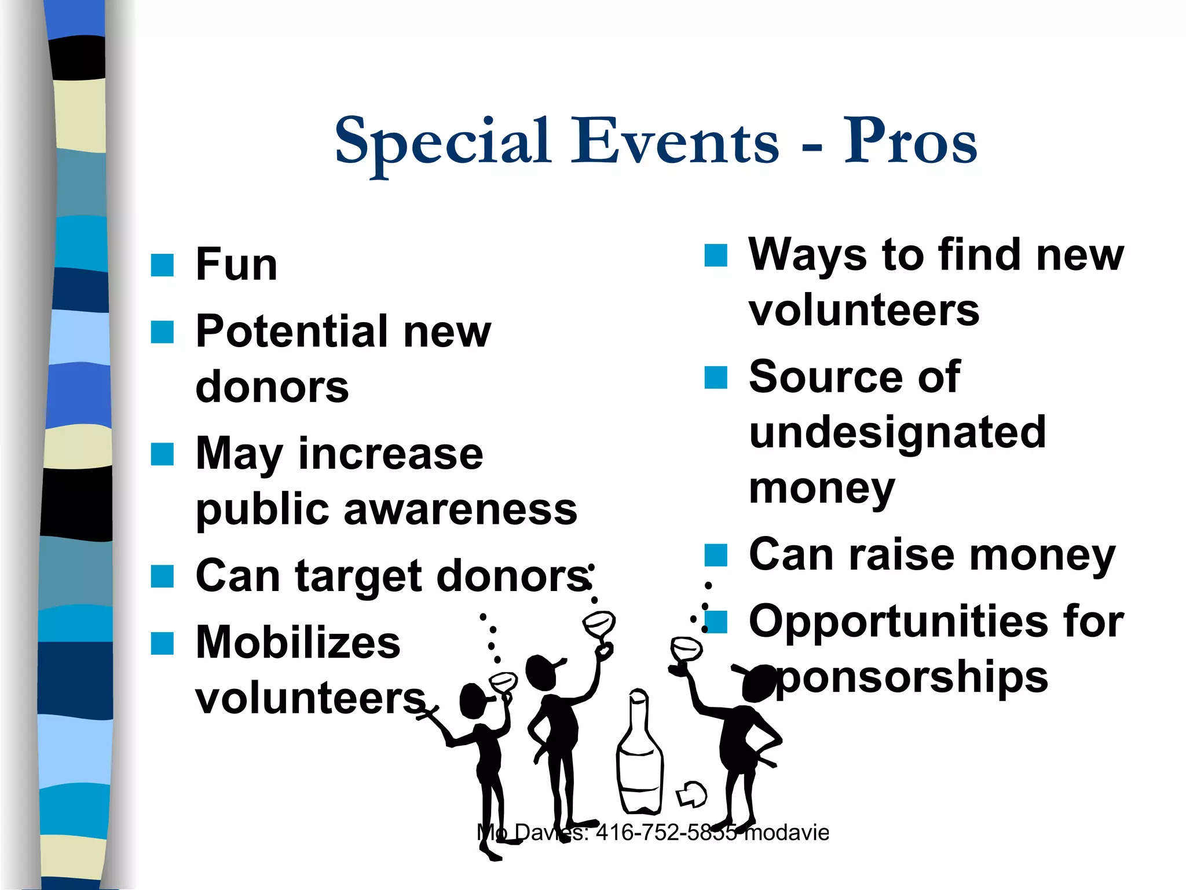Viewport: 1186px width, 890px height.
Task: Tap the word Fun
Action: click(x=236, y=264)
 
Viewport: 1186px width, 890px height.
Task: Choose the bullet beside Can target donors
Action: click(x=162, y=577)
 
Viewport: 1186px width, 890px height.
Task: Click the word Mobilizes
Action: click(x=298, y=643)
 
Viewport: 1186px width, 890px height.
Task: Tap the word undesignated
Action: click(x=897, y=432)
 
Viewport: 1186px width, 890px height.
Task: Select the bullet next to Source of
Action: click(x=716, y=377)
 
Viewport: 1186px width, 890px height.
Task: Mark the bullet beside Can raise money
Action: click(x=716, y=555)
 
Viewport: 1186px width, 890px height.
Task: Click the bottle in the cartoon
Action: click(x=639, y=753)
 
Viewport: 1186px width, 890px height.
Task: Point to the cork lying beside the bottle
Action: click(x=691, y=794)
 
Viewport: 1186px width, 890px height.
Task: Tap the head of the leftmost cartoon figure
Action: click(x=474, y=701)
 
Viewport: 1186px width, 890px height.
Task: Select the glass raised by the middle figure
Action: click(x=599, y=624)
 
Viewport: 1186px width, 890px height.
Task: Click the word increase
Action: click(x=390, y=454)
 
